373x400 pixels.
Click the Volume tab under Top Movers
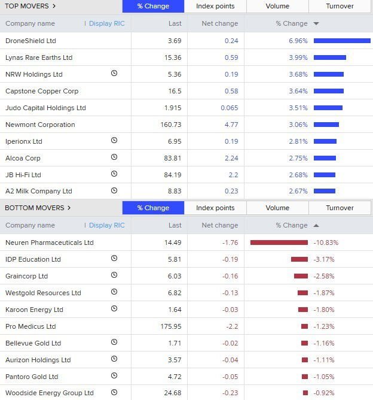tap(277, 6)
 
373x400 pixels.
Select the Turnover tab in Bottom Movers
tap(340, 208)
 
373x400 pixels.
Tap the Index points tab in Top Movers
tap(215, 6)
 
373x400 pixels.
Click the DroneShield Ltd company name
tap(30, 41)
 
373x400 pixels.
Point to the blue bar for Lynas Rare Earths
tap(330, 57)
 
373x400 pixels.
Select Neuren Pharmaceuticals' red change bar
tap(279, 243)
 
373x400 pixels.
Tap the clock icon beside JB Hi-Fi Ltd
tap(114, 174)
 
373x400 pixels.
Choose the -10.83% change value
tap(326, 243)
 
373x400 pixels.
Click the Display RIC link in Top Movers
tap(107, 23)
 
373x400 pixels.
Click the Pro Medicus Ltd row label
tap(30, 326)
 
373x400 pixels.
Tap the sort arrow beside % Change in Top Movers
tap(316, 24)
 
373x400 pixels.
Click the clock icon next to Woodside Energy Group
tap(114, 393)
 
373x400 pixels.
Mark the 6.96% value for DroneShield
tap(298, 41)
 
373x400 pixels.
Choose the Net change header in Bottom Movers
tap(219, 225)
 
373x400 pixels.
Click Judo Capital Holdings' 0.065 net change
tap(229, 108)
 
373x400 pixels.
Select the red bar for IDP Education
tap(299, 259)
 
